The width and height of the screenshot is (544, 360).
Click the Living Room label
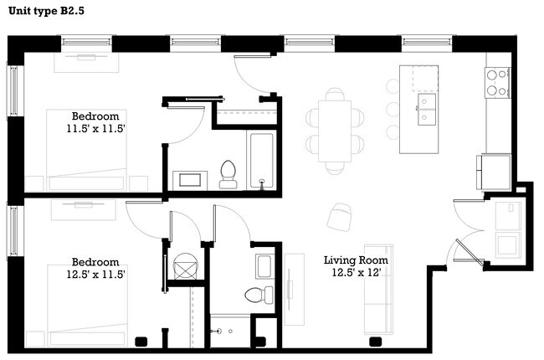click(356, 260)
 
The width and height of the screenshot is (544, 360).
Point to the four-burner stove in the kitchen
click(497, 80)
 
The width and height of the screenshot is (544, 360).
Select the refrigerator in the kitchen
click(494, 172)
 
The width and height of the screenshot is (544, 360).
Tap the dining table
click(335, 130)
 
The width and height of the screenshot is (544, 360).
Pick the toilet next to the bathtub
click(228, 172)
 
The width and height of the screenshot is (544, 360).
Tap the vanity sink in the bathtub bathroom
click(189, 179)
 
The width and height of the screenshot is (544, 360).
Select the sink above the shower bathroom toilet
click(263, 266)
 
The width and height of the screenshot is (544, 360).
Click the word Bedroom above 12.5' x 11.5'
click(95, 261)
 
